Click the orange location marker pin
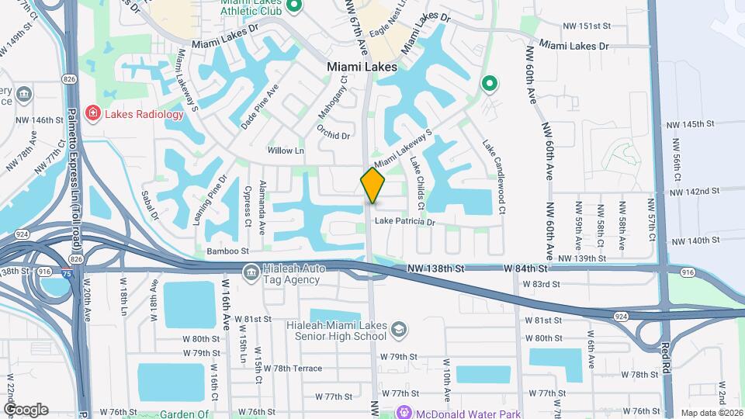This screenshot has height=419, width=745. point(372,186)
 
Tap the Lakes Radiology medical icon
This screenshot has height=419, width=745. point(93,114)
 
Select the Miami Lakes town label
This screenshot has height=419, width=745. point(362,67)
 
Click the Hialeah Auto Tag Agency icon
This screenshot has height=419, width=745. point(251,272)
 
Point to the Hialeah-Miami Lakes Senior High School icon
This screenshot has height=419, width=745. point(398,329)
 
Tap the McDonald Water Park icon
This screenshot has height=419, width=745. point(404,412)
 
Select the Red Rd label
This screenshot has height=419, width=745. point(665,359)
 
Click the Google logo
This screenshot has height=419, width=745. point(26,409)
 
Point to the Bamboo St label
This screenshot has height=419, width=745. point(227,251)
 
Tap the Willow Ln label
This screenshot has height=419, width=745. point(286,151)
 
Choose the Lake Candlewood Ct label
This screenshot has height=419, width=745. point(494,177)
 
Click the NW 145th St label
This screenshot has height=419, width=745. point(692,124)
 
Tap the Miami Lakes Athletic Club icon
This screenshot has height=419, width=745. point(294,9)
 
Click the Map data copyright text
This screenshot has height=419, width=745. point(711,412)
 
